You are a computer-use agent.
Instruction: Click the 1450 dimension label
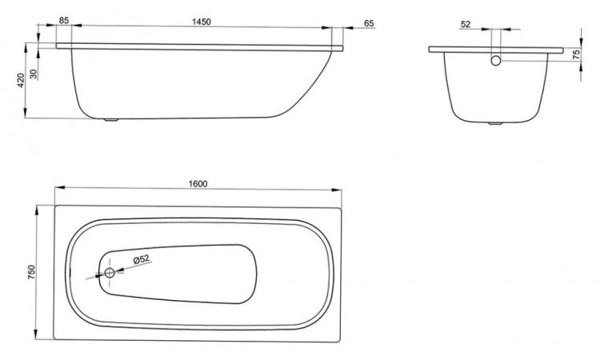[202, 22]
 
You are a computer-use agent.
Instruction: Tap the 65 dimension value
[369, 23]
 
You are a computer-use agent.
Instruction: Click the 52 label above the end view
[466, 24]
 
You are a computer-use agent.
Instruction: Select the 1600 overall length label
[198, 183]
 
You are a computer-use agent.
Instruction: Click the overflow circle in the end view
[496, 60]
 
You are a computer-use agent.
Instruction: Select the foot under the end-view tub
[496, 124]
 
